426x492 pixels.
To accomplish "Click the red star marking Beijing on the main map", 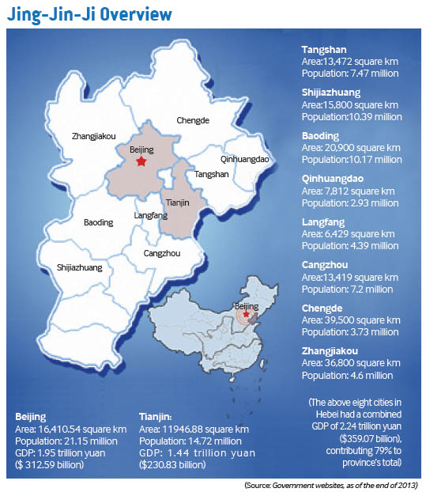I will pos(141,162).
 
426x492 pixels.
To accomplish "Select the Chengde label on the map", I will pos(194,120).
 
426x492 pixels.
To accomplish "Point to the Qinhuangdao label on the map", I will pos(246,159).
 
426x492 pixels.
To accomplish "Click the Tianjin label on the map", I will pos(180,202).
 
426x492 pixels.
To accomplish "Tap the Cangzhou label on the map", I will pos(162,253).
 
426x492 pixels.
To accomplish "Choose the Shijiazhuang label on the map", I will pos(80,268).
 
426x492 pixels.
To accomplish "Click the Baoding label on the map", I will pos(99,223).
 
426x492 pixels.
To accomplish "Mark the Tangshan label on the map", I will pos(212,174).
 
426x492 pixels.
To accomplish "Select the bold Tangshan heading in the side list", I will pos(326,50).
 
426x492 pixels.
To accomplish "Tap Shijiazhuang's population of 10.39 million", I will pos(352,116).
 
